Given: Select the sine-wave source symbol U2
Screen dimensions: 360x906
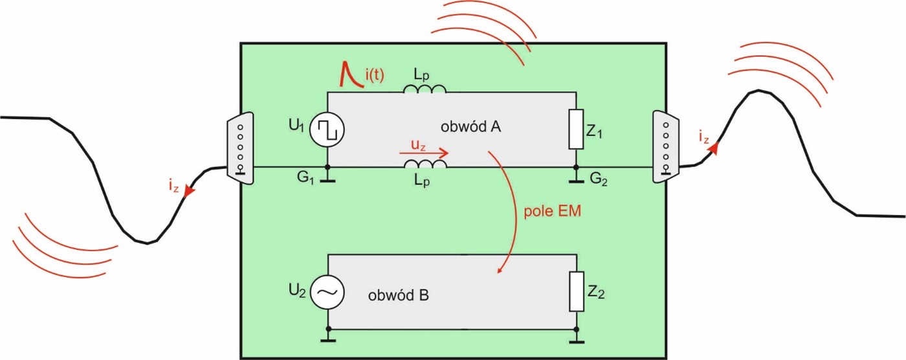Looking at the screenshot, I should point(327,293).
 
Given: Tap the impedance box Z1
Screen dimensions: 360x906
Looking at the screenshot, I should point(576,129).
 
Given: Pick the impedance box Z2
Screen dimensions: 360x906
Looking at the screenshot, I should point(576,292).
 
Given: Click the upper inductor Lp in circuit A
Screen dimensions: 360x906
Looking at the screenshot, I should point(425,89).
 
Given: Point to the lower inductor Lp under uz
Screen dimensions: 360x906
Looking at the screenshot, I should point(425,166).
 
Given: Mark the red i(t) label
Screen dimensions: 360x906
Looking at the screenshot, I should point(373,76).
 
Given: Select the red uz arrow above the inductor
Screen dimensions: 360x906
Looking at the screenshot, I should point(424,153).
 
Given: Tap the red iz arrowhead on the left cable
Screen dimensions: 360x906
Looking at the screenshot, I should point(188,191).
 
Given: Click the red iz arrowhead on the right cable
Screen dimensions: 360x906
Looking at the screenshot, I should point(714,148).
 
